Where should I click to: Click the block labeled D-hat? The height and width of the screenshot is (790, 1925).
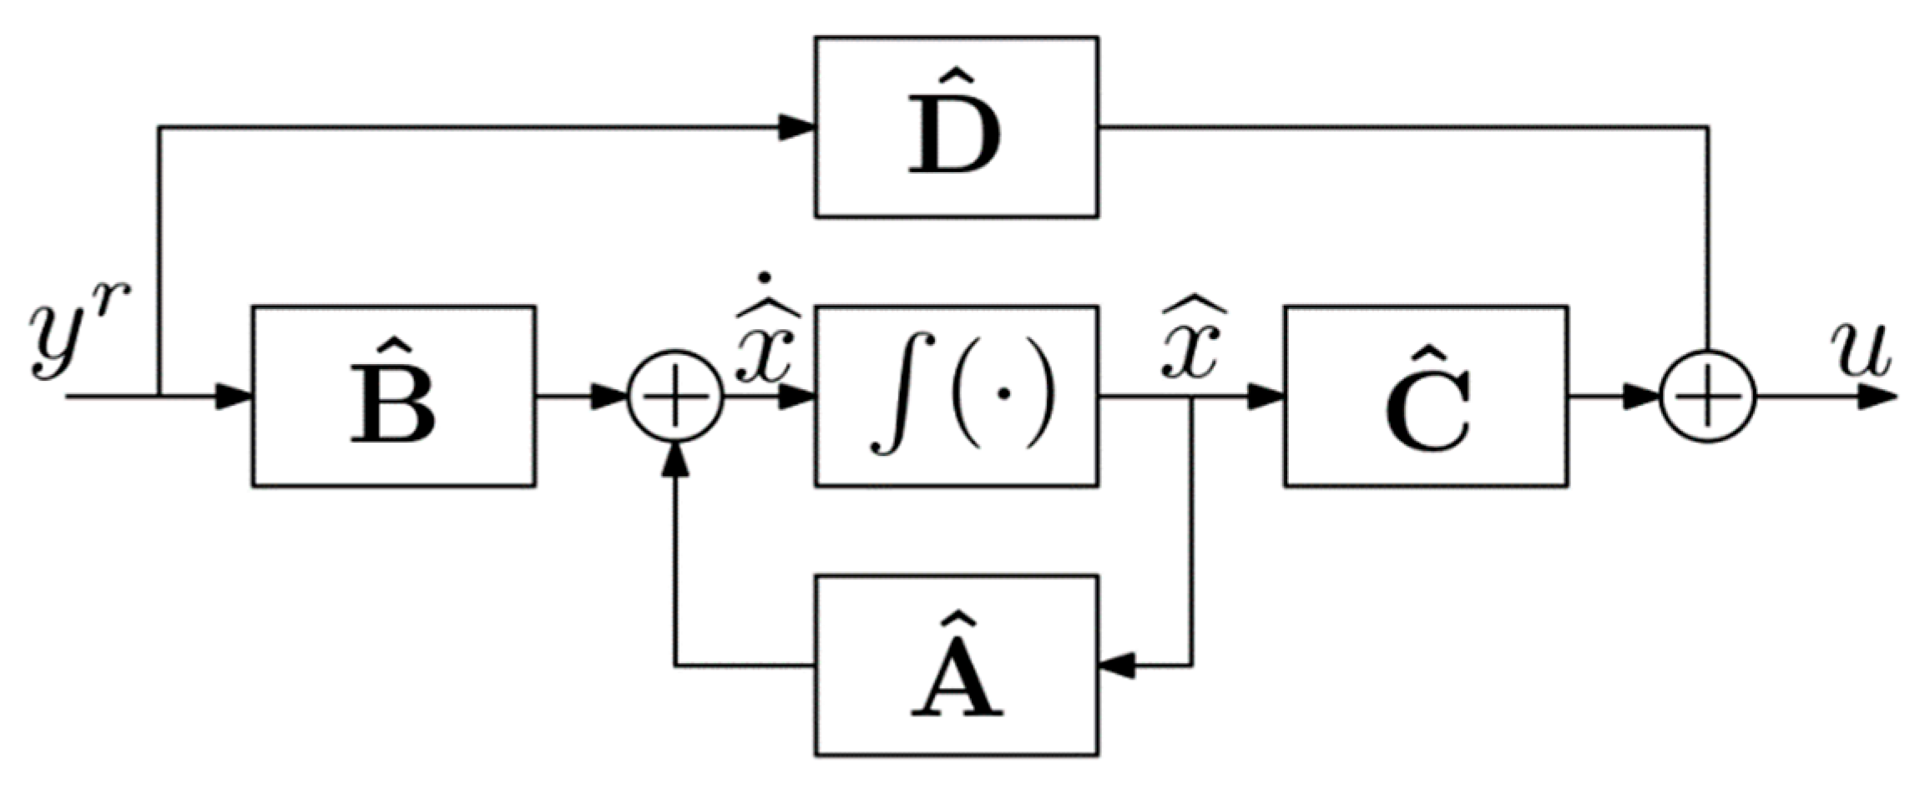[x=956, y=127]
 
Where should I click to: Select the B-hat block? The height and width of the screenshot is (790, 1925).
[x=393, y=396]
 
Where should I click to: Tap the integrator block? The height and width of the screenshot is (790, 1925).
[x=956, y=396]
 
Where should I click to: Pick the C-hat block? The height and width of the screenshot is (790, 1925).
[x=1425, y=396]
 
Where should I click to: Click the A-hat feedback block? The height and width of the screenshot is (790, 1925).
[x=956, y=665]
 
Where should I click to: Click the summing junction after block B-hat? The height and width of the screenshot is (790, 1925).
[x=675, y=397]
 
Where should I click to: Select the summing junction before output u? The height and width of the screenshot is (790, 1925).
[x=1708, y=397]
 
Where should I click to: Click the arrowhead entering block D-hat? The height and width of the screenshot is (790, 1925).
[x=797, y=127]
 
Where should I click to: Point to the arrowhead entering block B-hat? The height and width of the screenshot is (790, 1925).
[x=235, y=397]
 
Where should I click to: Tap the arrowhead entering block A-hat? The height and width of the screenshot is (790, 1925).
[x=1117, y=666]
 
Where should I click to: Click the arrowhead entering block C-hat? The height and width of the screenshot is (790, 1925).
[x=1266, y=397]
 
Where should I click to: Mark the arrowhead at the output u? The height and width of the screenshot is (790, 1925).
[x=1877, y=397]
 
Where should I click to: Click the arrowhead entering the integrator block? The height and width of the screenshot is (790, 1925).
[x=797, y=397]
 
